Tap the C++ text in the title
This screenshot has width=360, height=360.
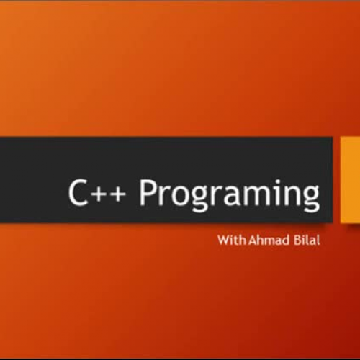coord(99,194)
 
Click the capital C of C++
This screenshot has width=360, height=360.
coord(78,194)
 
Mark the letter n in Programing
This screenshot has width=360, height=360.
coord(292,197)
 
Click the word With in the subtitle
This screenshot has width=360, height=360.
coord(230,239)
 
